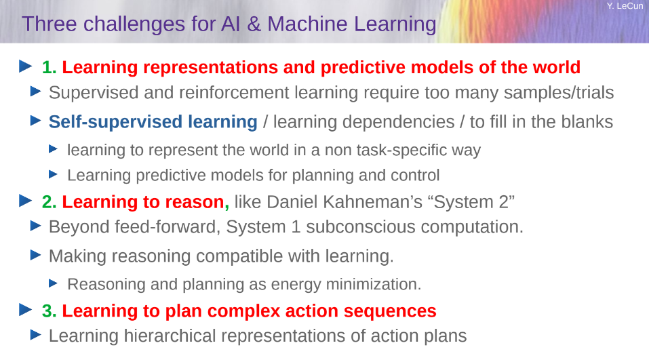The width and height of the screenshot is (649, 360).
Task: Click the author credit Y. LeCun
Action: [625, 6]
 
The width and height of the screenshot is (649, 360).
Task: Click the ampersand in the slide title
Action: [254, 24]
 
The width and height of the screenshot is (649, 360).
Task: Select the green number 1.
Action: [49, 67]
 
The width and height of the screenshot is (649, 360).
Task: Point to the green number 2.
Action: [49, 202]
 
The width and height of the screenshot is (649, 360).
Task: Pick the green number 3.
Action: [49, 311]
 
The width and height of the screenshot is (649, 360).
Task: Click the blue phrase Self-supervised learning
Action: [153, 122]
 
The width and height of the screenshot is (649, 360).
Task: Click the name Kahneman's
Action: [372, 202]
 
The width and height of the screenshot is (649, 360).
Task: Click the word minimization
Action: [374, 284]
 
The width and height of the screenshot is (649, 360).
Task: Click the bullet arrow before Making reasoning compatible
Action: [36, 255]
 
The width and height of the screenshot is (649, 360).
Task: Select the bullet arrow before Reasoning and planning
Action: [53, 283]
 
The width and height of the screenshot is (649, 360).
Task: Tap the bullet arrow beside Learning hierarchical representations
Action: [36, 334]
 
